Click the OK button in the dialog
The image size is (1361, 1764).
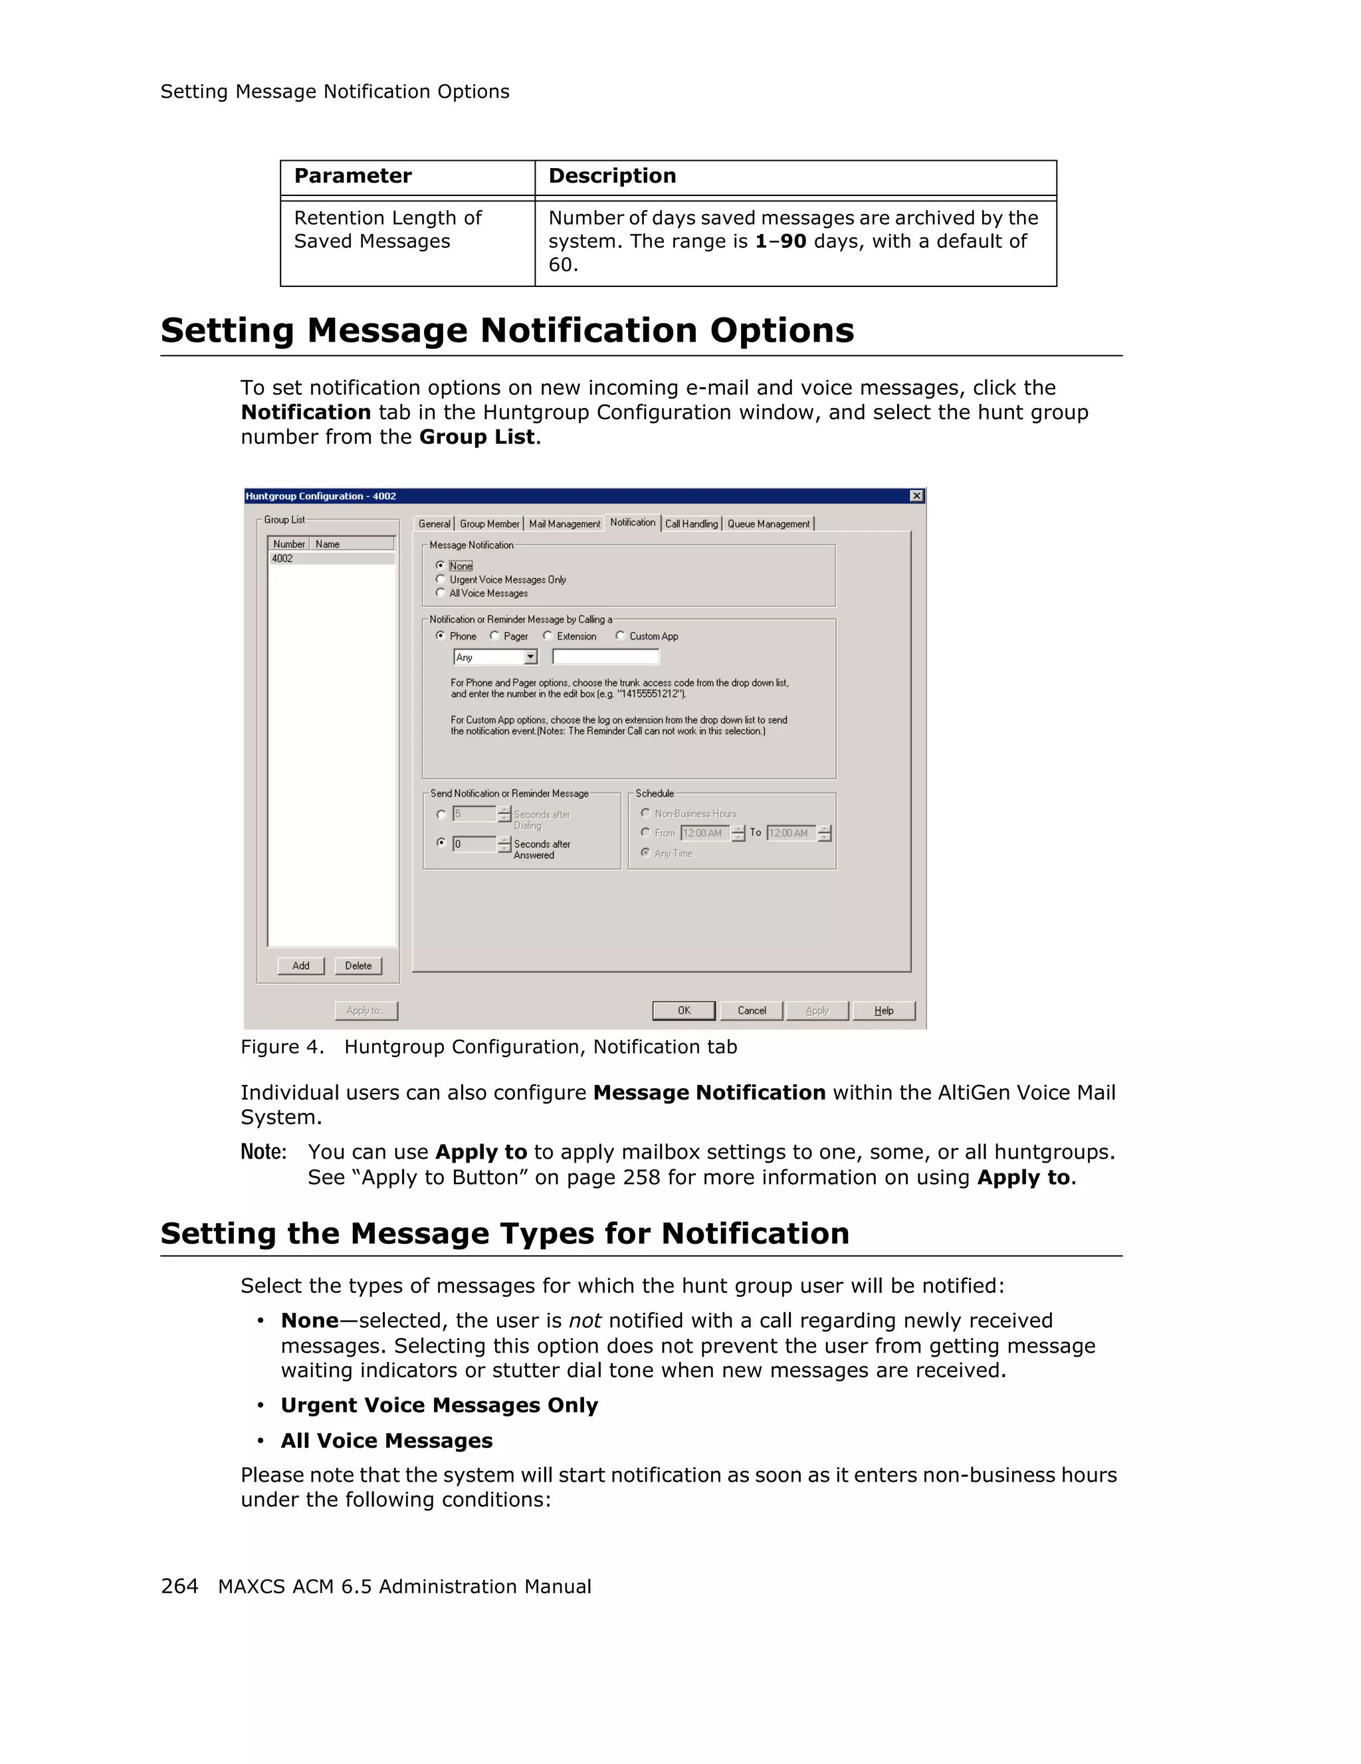tap(683, 1011)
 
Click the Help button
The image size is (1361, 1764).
tap(884, 1011)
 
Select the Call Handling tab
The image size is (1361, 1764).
tap(691, 524)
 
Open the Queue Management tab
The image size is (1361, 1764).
tap(768, 524)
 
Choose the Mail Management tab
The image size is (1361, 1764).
tap(565, 524)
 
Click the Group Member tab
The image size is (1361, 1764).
tap(490, 524)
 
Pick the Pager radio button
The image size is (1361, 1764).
tap(495, 636)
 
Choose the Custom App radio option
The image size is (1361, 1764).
tap(620, 636)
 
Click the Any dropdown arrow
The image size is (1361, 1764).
tap(531, 658)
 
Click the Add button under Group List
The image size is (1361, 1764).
tap(300, 966)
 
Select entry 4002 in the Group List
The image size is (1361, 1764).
tap(282, 559)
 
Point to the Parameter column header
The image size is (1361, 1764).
tap(353, 176)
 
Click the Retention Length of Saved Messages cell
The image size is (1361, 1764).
tap(387, 229)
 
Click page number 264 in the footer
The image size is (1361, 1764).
tap(179, 1587)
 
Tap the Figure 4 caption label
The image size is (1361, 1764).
tap(282, 1046)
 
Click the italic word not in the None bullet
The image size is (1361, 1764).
tap(585, 1321)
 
